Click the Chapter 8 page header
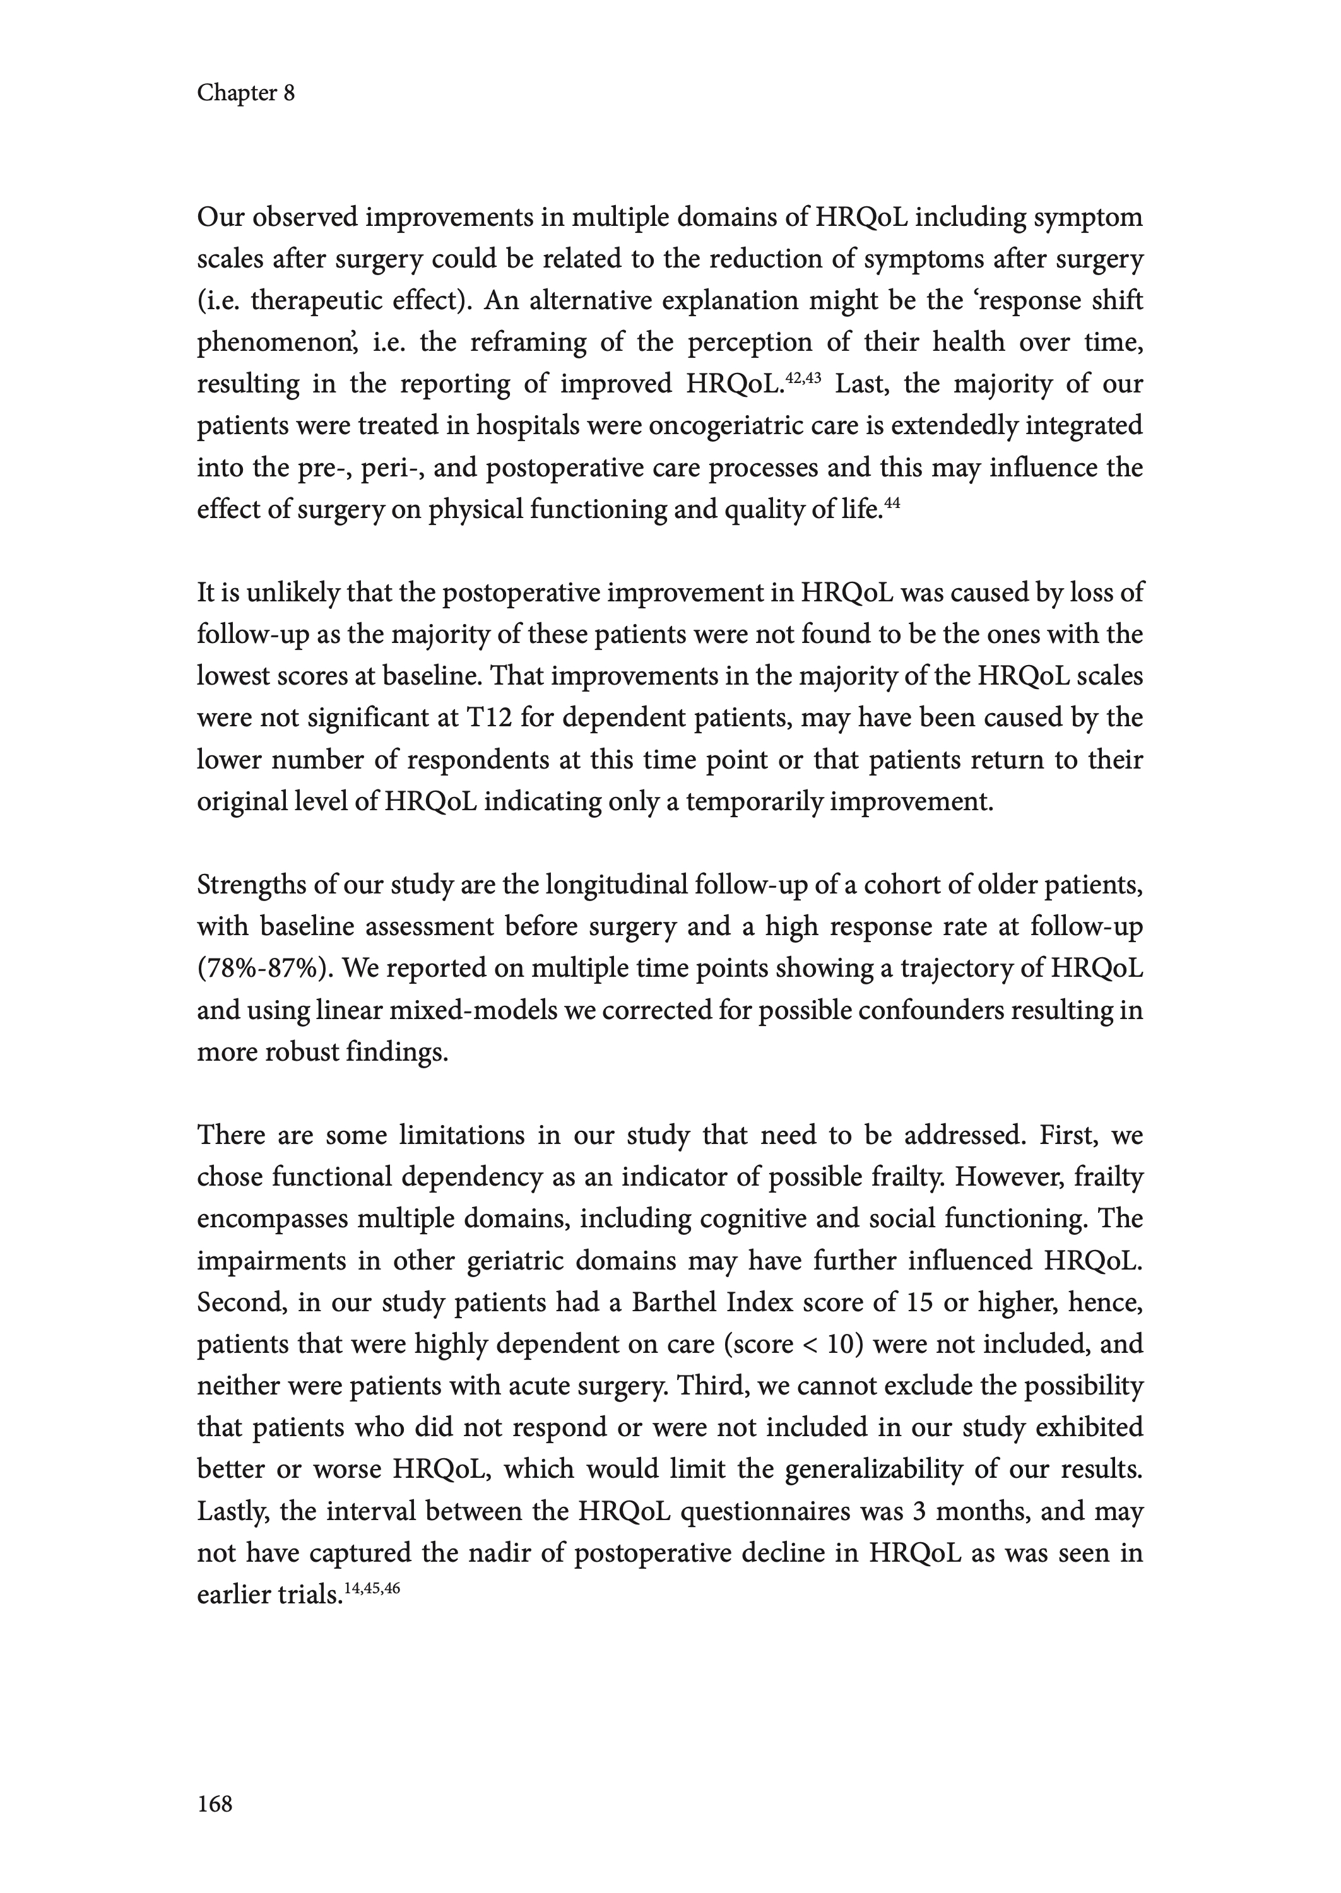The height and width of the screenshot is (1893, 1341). (245, 93)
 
